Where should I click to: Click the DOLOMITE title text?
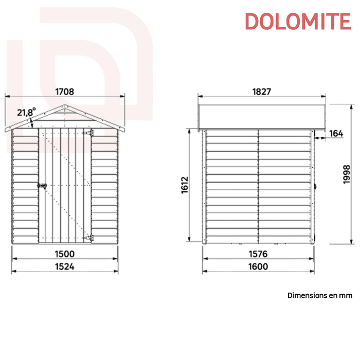point(297,21)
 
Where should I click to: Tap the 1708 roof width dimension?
point(64,92)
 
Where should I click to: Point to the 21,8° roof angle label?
point(26,112)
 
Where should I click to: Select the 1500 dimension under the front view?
point(65,253)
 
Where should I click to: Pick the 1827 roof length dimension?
point(262,92)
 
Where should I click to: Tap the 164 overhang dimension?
point(335,134)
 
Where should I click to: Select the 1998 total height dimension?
point(346,174)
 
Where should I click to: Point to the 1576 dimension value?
point(259,253)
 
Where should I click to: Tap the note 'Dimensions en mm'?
point(319,296)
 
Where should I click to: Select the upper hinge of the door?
point(92,133)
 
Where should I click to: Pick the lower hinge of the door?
point(92,237)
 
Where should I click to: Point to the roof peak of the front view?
point(64,105)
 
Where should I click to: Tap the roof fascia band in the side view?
point(262,116)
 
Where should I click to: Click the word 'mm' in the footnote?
point(346,296)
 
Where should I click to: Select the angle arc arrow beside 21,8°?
point(32,122)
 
